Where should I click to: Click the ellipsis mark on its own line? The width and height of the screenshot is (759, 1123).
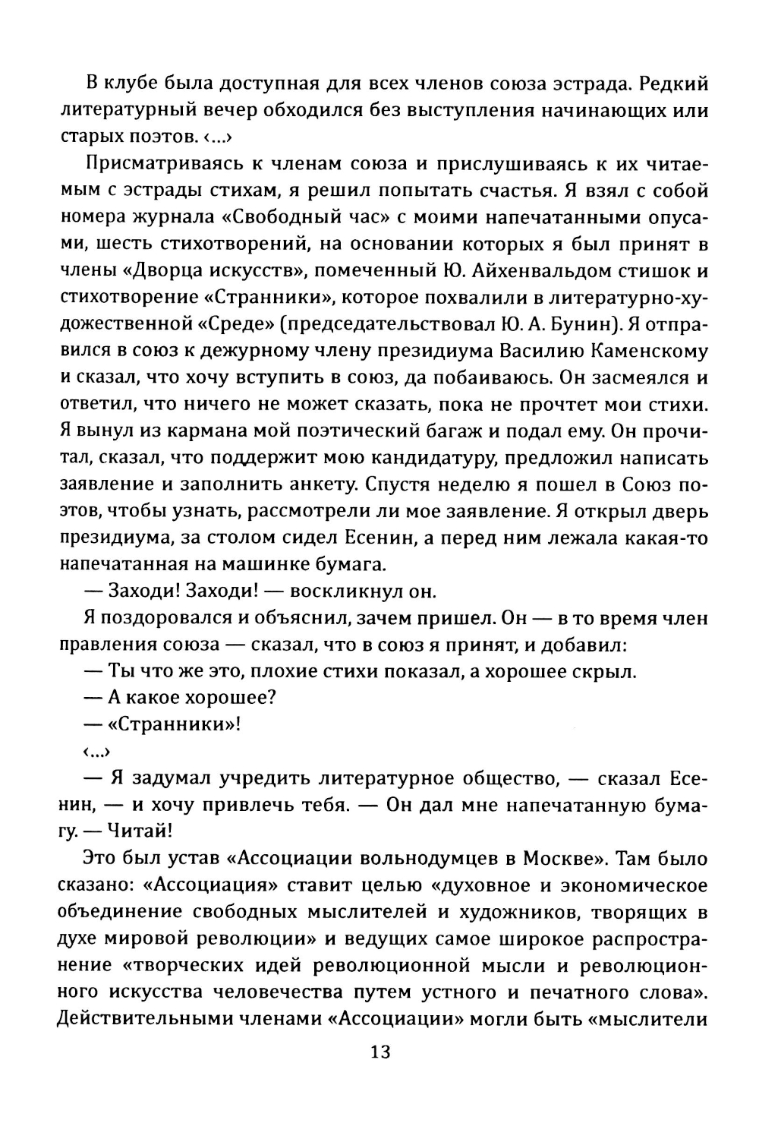[96, 752]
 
